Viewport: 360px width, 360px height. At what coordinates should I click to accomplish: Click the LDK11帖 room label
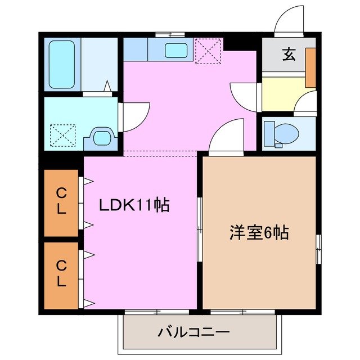coord(134,206)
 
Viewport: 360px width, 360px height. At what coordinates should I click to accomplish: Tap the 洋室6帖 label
coord(259,232)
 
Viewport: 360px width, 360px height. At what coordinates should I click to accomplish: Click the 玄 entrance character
coord(289,55)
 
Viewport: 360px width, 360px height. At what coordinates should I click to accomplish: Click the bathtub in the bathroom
coord(61,64)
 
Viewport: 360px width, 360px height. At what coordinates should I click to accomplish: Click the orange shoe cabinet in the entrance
coord(310,67)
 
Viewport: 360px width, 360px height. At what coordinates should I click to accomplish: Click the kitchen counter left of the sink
coord(135,50)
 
